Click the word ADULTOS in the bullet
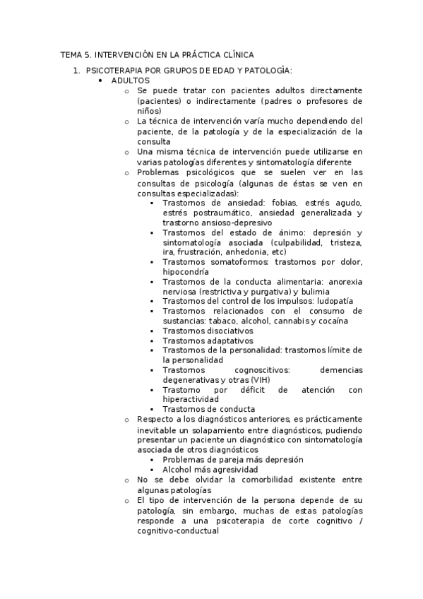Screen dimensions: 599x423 (130, 81)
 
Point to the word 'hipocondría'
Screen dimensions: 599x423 (185, 271)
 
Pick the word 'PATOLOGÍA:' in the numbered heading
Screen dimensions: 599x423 (268, 71)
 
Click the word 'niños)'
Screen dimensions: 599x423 (150, 111)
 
